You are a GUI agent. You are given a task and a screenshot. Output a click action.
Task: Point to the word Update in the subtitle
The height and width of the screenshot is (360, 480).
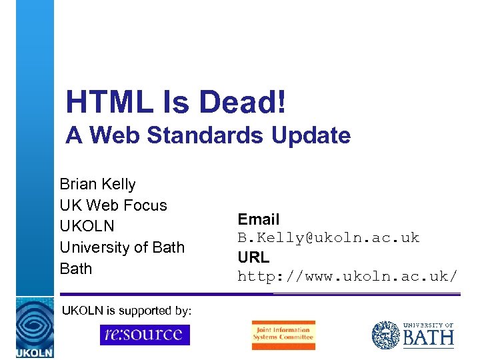point(312,135)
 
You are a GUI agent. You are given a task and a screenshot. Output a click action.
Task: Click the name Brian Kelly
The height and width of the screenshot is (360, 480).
point(97,184)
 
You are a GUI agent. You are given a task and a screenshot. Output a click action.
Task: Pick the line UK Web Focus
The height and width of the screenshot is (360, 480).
point(113,205)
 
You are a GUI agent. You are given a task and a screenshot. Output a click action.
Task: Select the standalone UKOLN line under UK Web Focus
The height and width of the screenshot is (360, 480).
point(87,226)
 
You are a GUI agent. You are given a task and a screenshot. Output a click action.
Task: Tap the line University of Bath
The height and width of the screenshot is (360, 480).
point(121,247)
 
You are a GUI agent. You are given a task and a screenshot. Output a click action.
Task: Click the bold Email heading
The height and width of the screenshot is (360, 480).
point(259,219)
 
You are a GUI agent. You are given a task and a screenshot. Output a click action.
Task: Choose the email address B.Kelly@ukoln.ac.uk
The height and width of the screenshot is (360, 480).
point(329,237)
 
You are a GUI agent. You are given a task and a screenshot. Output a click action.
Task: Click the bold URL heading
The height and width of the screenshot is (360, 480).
point(253,257)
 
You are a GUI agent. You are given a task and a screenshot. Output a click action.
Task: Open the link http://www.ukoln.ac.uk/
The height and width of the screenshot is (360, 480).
point(347,275)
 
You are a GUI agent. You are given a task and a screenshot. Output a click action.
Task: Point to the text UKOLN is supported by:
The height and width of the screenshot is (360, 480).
point(127,311)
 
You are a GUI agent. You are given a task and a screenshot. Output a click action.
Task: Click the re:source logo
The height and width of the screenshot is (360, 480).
point(145,334)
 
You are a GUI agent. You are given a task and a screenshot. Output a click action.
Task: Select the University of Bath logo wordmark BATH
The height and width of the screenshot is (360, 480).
point(428,338)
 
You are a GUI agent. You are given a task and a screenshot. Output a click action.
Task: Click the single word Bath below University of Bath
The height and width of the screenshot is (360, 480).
point(75,269)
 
